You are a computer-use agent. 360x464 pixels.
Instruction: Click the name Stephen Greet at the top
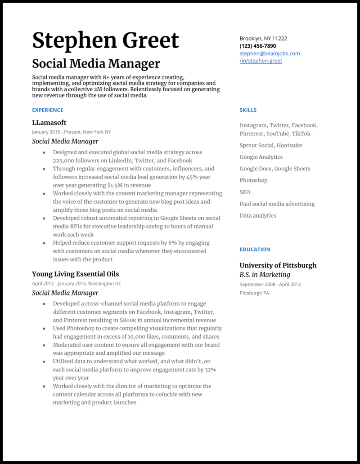(106, 40)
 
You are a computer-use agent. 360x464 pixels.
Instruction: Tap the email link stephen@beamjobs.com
(270, 54)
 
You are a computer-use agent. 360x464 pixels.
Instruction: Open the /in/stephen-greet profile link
(261, 61)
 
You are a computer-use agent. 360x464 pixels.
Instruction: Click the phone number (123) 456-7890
(258, 46)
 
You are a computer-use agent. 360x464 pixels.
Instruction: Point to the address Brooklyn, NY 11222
(263, 39)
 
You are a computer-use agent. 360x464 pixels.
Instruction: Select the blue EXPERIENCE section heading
(48, 110)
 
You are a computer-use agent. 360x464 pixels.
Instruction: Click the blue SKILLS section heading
(248, 110)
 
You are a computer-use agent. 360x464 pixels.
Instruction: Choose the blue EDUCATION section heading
(255, 250)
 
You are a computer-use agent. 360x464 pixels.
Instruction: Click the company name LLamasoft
(49, 122)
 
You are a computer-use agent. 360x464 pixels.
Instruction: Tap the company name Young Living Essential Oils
(75, 274)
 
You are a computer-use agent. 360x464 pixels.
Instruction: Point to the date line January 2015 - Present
(71, 132)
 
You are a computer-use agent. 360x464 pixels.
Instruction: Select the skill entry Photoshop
(253, 180)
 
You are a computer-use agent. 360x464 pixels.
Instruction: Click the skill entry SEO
(245, 192)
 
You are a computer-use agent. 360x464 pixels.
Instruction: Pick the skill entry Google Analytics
(261, 157)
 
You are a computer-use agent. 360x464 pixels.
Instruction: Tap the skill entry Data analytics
(258, 215)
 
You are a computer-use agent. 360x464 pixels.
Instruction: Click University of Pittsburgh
(278, 265)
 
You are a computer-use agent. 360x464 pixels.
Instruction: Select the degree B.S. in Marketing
(265, 275)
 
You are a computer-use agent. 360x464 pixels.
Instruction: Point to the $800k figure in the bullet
(129, 320)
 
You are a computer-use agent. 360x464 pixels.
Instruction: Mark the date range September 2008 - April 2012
(270, 284)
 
